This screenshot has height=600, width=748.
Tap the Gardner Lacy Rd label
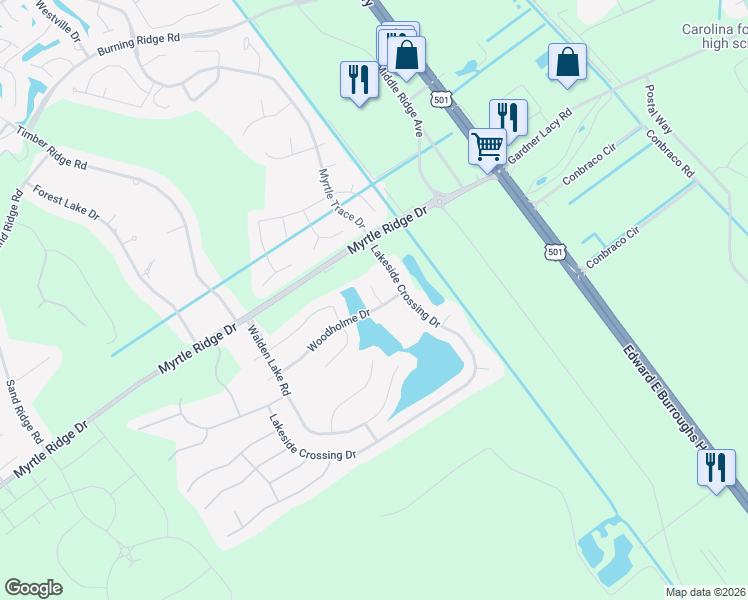pos(539,138)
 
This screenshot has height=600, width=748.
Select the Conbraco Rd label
pos(670,153)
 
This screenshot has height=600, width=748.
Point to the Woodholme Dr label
pos(338,330)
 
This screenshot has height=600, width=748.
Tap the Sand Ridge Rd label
pos(23,412)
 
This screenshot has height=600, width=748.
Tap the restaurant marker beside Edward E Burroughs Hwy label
pos(715,468)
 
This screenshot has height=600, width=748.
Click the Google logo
pos(34,588)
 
